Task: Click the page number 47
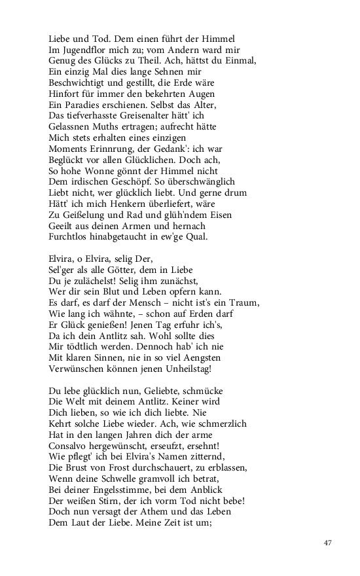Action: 329,543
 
